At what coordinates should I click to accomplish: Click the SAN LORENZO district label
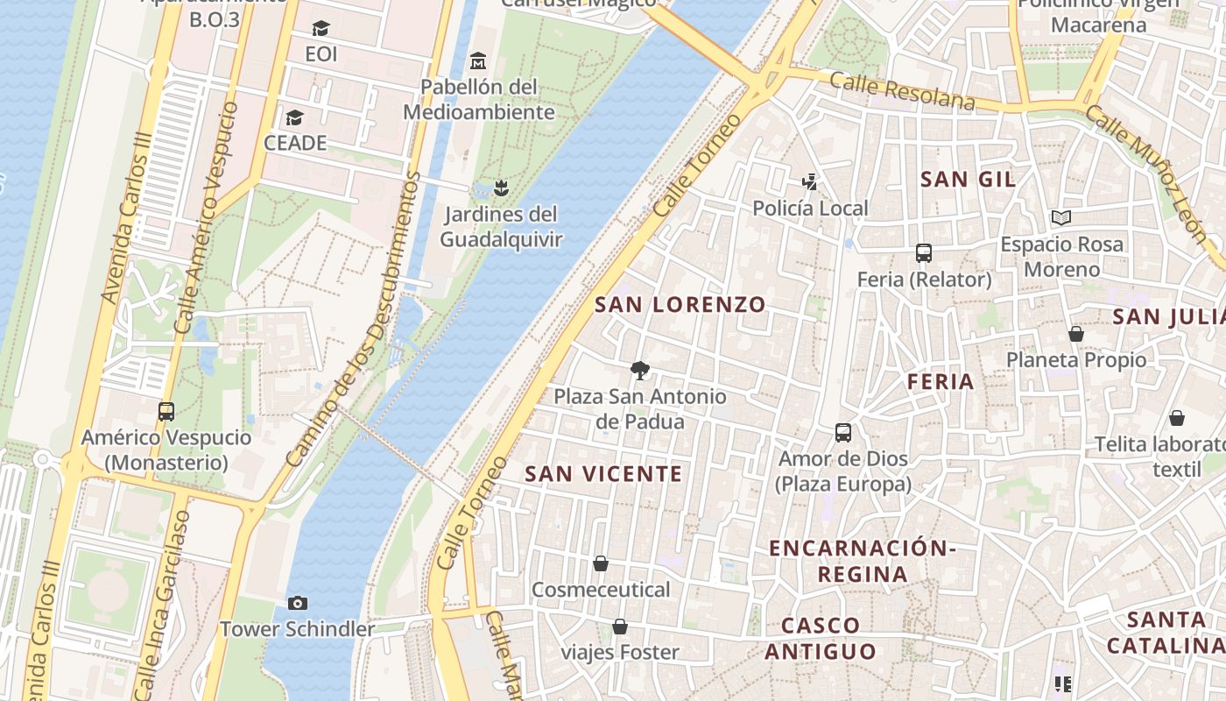(680, 305)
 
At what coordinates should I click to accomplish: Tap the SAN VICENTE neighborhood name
(603, 474)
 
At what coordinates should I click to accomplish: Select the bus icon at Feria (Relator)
(923, 253)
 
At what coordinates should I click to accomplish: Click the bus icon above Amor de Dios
(843, 433)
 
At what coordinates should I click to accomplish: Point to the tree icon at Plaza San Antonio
(640, 371)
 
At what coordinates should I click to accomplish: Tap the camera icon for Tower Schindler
(298, 603)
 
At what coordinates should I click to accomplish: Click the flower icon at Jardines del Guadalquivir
(501, 188)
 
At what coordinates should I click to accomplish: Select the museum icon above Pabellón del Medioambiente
(478, 60)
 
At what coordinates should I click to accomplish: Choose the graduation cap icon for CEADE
(295, 117)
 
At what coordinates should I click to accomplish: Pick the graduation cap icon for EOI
(321, 29)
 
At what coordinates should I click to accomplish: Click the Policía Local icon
(810, 182)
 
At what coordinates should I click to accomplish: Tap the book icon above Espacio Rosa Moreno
(1061, 217)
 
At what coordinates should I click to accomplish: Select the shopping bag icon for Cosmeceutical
(601, 563)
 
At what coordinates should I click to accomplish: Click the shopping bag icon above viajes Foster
(620, 627)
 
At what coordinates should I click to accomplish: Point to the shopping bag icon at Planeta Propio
(1076, 334)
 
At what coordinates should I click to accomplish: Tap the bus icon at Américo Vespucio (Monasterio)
(166, 411)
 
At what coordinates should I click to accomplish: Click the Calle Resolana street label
(901, 91)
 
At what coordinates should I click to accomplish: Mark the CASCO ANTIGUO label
(821, 638)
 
